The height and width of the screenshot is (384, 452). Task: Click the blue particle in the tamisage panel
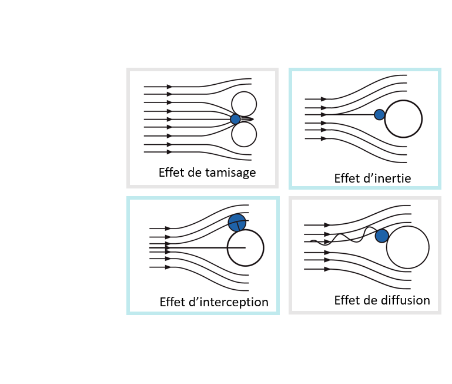pos(235,119)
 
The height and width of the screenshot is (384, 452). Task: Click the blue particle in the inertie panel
pos(379,115)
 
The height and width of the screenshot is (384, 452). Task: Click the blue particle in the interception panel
pos(237,223)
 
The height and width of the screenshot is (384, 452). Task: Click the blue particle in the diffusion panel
pos(381,236)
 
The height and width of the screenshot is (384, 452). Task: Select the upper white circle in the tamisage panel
pos(244,104)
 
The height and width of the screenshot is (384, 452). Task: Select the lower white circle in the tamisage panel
pos(244,134)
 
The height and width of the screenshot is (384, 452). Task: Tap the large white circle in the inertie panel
pos(403,118)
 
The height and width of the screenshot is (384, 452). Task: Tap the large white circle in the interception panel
pos(245,248)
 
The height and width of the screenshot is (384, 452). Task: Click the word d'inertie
pos(387,178)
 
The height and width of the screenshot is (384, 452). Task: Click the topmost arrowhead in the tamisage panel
pos(169,87)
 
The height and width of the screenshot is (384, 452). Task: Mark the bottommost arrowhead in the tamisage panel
pos(169,152)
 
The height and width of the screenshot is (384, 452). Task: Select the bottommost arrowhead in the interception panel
pos(168,267)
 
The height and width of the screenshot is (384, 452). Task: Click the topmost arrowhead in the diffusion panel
pos(327,225)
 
